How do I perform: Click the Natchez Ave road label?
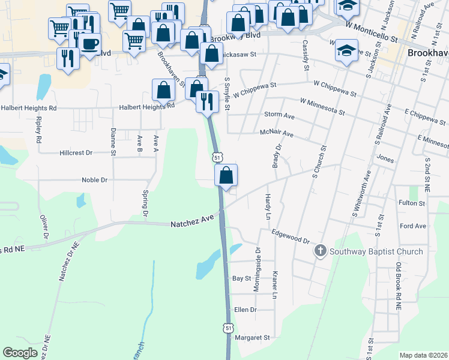pyautogui.click(x=192, y=223)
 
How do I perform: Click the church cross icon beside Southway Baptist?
pyautogui.click(x=321, y=251)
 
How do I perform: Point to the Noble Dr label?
pyautogui.click(x=94, y=179)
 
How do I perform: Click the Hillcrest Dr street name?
pyautogui.click(x=76, y=152)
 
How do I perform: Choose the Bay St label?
pyautogui.click(x=241, y=278)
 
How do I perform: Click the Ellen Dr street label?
pyautogui.click(x=246, y=310)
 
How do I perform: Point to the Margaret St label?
pyautogui.click(x=254, y=338)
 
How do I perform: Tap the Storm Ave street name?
pyautogui.click(x=279, y=115)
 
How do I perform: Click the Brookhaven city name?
pyautogui.click(x=427, y=53)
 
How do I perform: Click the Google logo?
pyautogui.click(x=20, y=352)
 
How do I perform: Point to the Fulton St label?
pyautogui.click(x=412, y=203)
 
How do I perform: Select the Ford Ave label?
pyautogui.click(x=412, y=226)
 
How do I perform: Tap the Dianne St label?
pyautogui.click(x=113, y=142)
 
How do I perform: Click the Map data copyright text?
pyautogui.click(x=423, y=355)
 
